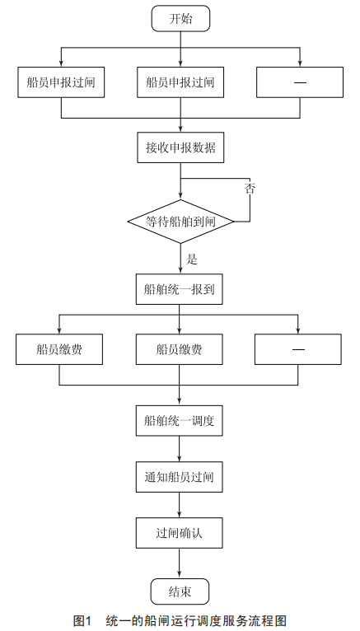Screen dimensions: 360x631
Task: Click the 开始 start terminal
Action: [x=180, y=18]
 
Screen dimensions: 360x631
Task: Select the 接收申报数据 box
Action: [x=180, y=147]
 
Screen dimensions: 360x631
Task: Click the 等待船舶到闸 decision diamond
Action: [x=180, y=222]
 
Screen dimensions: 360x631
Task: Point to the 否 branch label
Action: [x=250, y=189]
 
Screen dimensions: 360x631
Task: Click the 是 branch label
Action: [x=192, y=259]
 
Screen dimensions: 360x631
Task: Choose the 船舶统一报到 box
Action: [x=180, y=289]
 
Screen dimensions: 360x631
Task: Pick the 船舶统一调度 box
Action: [x=180, y=421]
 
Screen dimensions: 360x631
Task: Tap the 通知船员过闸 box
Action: [x=180, y=477]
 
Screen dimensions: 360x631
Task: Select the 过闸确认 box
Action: [x=180, y=533]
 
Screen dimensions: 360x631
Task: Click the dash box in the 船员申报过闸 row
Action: [x=300, y=82]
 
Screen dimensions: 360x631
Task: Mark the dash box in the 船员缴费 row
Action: [x=298, y=349]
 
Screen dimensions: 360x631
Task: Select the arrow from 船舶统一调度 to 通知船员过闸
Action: [x=180, y=449]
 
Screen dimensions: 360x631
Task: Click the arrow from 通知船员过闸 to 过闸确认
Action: [x=180, y=505]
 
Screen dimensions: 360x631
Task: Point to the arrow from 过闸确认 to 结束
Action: [x=180, y=563]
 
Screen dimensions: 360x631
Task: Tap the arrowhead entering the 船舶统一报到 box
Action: [x=180, y=271]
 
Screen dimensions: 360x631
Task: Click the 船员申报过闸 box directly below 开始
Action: [x=180, y=82]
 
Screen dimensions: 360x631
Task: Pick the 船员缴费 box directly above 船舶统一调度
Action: [x=180, y=349]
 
